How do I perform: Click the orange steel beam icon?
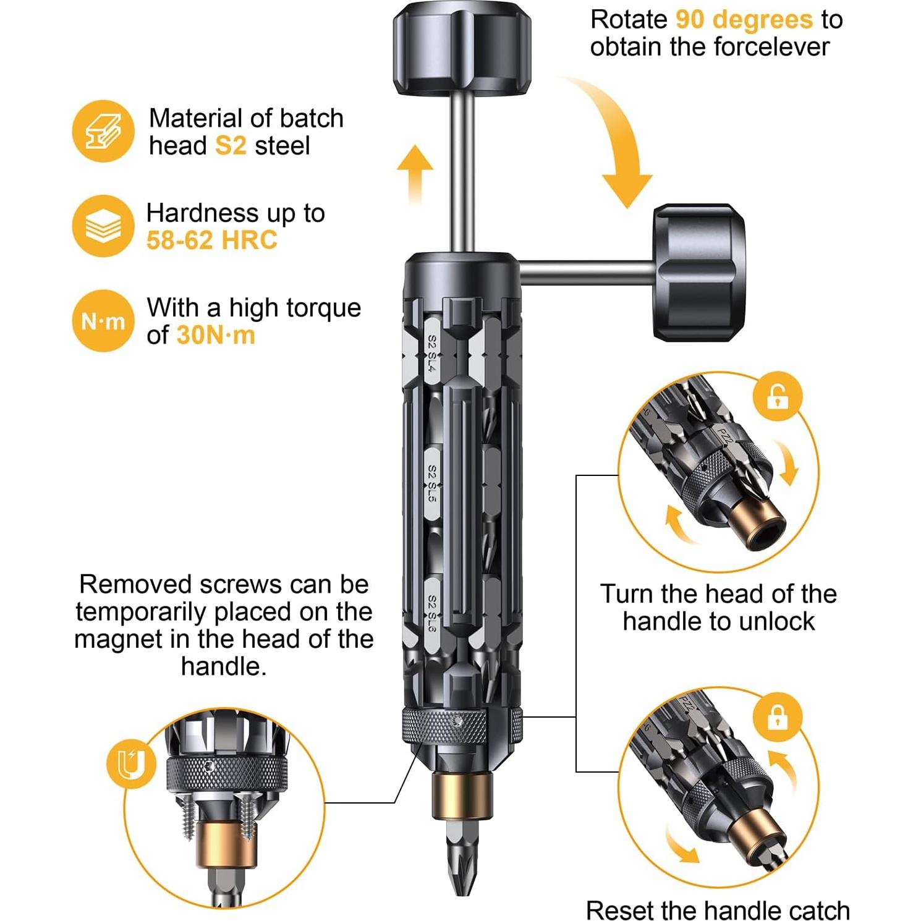coord(103,131)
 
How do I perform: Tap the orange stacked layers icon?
coord(103,226)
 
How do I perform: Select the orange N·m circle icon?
coord(103,321)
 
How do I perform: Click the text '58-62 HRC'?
coord(211,240)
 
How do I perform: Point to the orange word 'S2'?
coord(231,146)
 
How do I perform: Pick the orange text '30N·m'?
coord(216,335)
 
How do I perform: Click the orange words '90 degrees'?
coord(744,19)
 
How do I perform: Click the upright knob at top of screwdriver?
coord(462,48)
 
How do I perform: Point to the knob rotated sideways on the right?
coord(698,272)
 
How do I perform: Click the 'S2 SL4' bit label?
coord(432,354)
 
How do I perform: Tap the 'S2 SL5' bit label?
coord(432,484)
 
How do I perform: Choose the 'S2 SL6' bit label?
coord(432,613)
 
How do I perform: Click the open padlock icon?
coord(777,396)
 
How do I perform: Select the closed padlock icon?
coord(777,718)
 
